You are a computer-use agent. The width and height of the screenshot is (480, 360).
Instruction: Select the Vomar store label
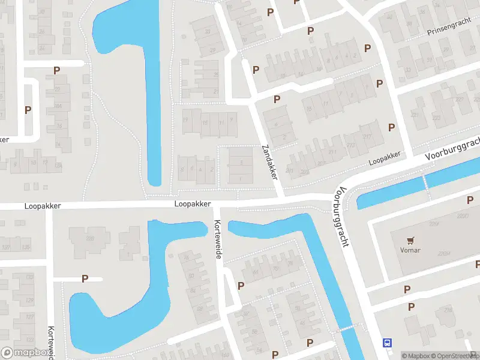click(410, 250)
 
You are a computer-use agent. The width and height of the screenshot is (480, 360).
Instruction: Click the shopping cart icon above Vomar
click(410, 241)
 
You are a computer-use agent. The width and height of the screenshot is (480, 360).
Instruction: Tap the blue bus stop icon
click(387, 343)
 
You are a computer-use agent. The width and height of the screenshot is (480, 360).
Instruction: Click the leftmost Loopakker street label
click(43, 205)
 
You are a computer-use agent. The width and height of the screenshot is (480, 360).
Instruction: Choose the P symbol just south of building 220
click(407, 289)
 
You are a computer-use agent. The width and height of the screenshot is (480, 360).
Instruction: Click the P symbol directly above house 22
click(57, 70)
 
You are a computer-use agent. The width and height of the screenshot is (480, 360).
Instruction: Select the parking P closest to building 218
click(411, 307)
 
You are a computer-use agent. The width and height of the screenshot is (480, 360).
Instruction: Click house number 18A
click(58, 106)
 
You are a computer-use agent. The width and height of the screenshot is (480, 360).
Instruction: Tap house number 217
click(367, 137)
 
